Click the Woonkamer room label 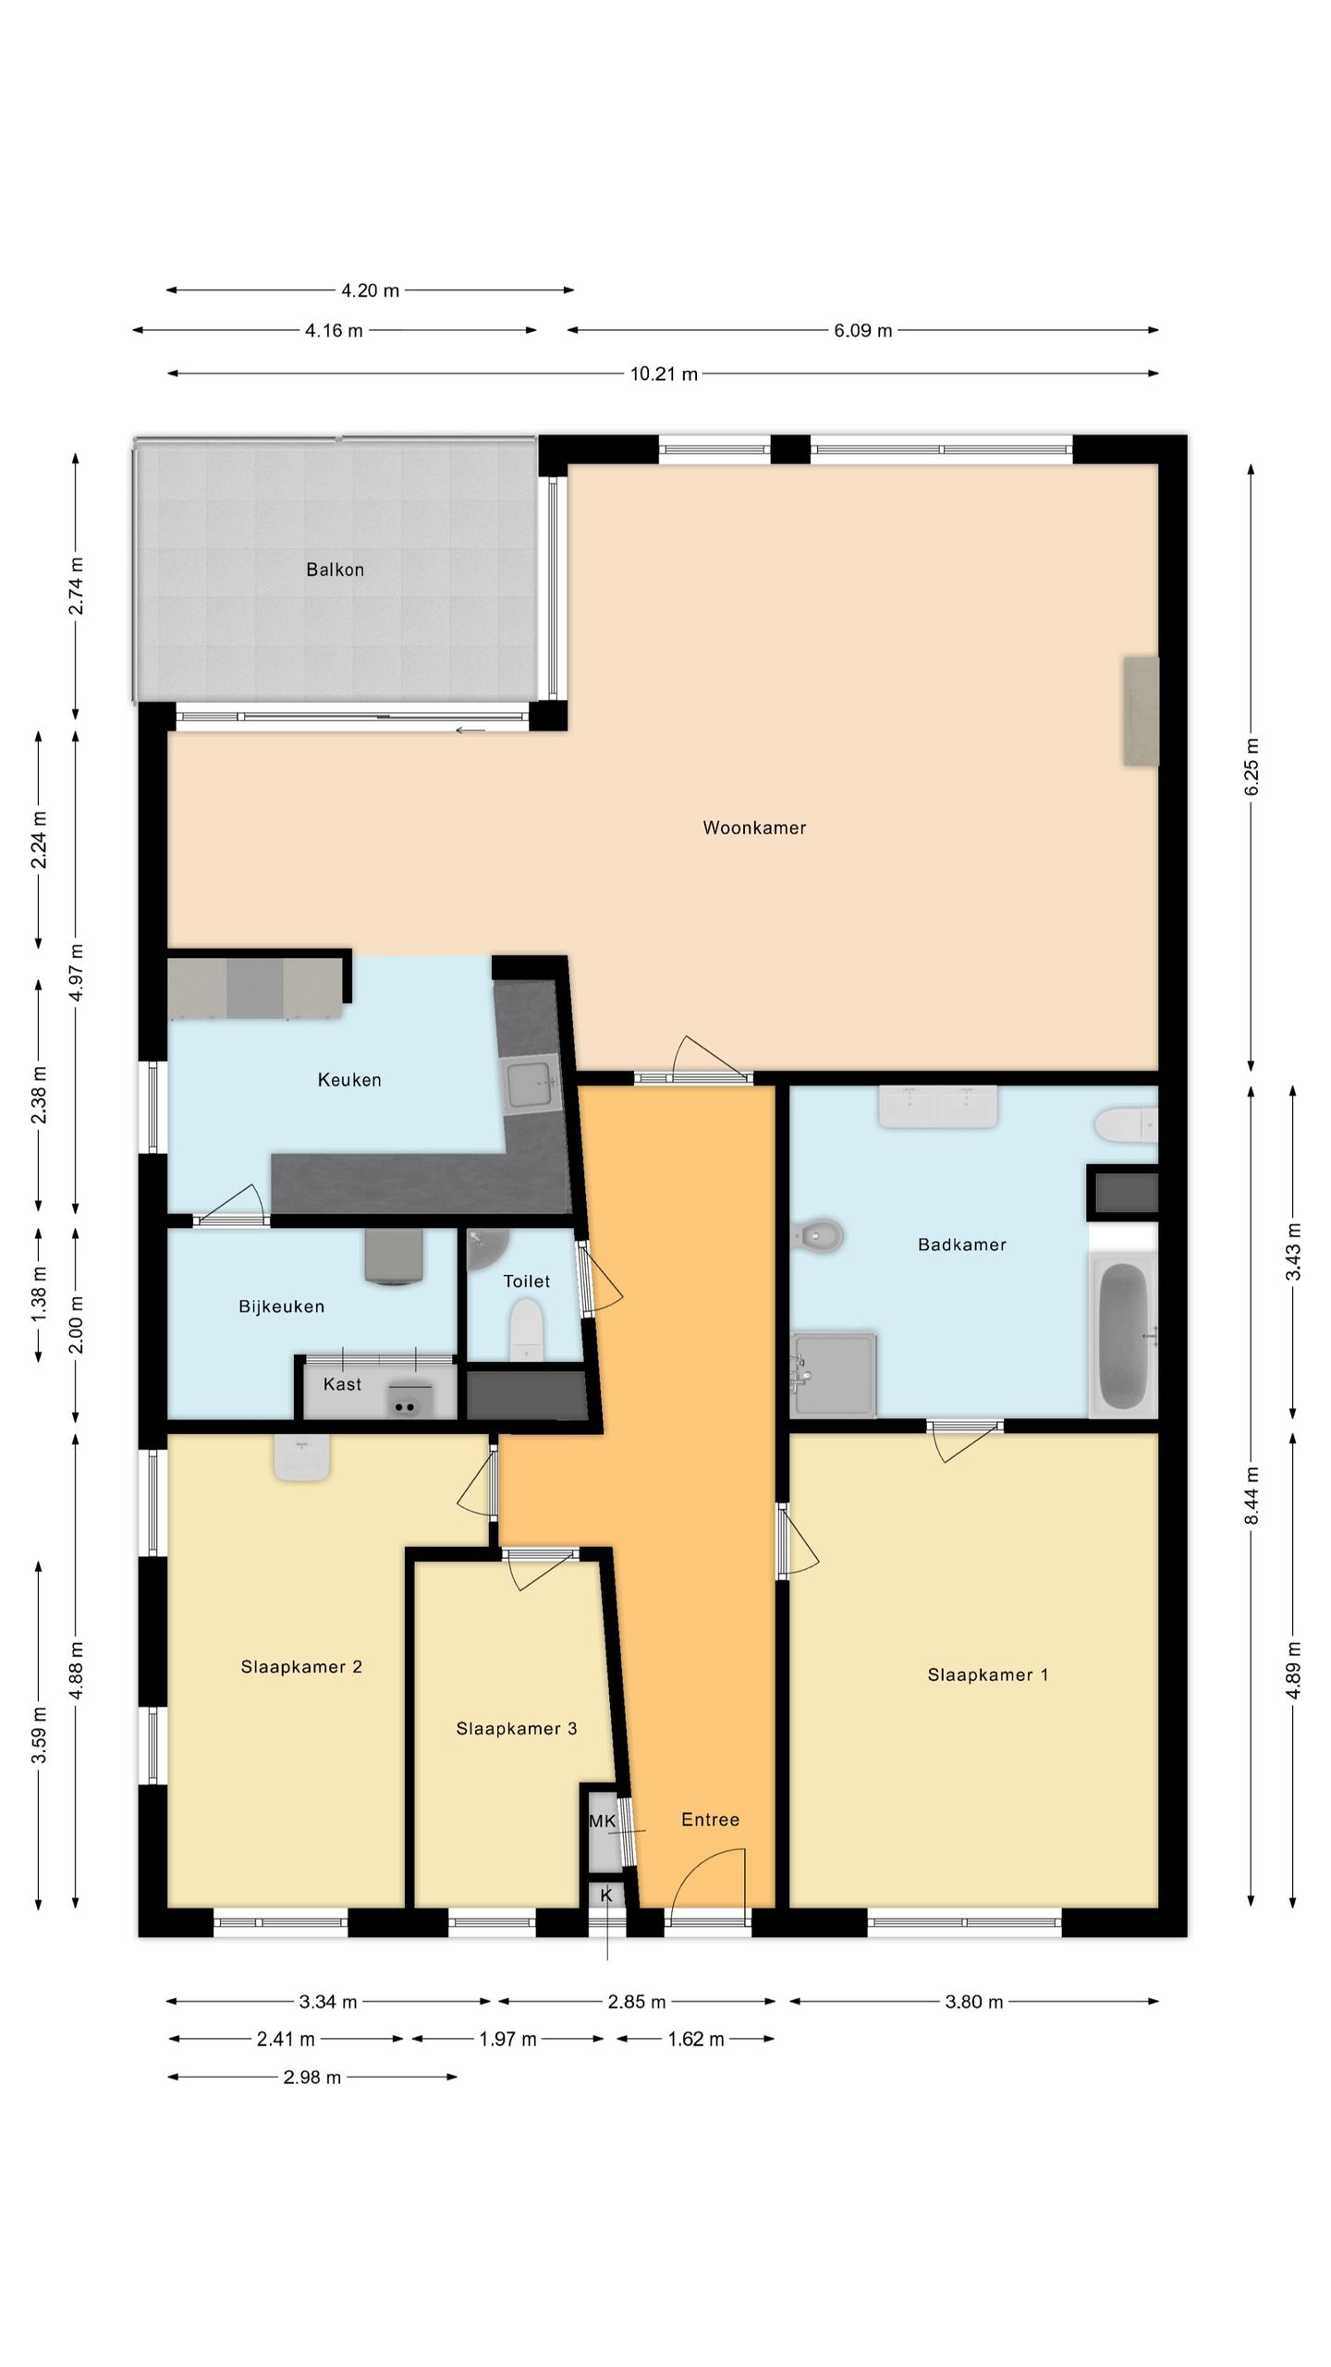[754, 828]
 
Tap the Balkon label [335, 570]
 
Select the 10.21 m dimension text [664, 374]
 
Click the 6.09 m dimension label [862, 331]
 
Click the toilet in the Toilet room [527, 1329]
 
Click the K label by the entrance [606, 1895]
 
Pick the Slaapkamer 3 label [516, 1729]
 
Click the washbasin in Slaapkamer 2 [301, 1459]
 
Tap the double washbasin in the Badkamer [937, 1107]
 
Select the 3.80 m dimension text [973, 2003]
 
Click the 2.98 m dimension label [312, 2078]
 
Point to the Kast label [342, 1384]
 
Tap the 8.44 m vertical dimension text [1251, 1495]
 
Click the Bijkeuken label [281, 1306]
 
